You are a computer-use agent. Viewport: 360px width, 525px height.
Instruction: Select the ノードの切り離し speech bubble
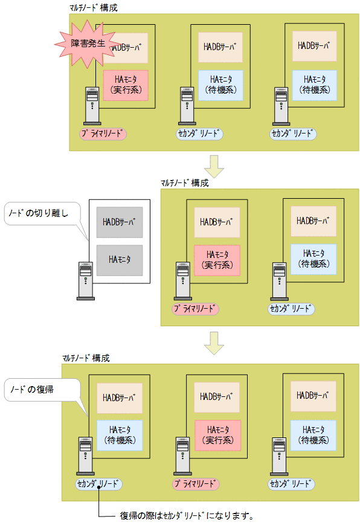(x=40, y=214)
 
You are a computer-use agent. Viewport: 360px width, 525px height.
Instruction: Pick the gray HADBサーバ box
(x=120, y=222)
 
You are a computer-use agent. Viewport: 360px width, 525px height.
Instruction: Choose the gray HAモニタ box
(x=120, y=260)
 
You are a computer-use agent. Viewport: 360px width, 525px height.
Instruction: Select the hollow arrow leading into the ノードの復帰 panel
(x=214, y=341)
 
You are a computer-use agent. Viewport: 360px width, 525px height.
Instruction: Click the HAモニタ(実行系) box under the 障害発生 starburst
(x=126, y=85)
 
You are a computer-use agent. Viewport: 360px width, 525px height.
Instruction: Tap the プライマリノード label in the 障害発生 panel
(x=103, y=133)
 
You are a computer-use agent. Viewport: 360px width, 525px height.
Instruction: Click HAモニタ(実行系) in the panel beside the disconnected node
(x=217, y=260)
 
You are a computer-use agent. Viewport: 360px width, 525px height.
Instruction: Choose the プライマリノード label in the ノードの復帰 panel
(x=196, y=484)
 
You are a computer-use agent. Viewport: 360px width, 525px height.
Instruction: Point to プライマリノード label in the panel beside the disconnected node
(x=196, y=309)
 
